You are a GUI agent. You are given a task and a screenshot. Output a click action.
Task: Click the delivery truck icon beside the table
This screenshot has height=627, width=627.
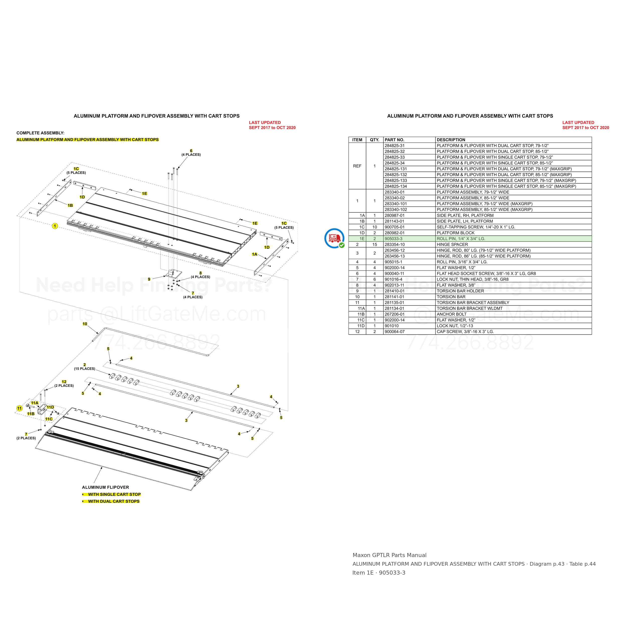[335, 239]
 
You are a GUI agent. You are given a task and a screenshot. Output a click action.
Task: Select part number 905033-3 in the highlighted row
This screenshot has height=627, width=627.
[393, 239]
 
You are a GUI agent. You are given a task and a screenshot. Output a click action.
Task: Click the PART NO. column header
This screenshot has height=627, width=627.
[394, 140]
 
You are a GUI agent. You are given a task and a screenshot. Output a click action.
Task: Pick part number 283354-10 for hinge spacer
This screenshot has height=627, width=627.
[395, 244]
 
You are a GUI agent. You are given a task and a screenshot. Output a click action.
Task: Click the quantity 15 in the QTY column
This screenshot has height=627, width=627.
[374, 244]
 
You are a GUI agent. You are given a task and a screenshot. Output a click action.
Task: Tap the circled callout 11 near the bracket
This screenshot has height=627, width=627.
[20, 409]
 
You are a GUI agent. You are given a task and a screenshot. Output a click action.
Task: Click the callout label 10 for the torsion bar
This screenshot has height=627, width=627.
[85, 324]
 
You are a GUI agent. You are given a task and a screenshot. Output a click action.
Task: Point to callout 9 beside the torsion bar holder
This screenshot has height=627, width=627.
[149, 279]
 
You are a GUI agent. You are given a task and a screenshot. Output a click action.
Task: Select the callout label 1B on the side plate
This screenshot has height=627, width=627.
[70, 205]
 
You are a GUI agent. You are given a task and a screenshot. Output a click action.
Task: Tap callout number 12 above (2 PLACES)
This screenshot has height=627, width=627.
[64, 382]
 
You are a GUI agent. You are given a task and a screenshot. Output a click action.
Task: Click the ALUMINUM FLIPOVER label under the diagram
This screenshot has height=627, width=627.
[106, 487]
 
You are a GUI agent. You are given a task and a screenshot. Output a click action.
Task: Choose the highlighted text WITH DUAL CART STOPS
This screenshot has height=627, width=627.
[114, 501]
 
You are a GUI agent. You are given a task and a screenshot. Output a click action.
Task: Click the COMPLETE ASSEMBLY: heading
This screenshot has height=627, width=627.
[41, 133]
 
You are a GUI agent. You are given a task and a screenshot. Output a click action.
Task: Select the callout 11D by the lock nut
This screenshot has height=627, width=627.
[50, 407]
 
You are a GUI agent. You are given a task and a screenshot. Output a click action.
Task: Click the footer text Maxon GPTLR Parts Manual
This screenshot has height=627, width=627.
[389, 555]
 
